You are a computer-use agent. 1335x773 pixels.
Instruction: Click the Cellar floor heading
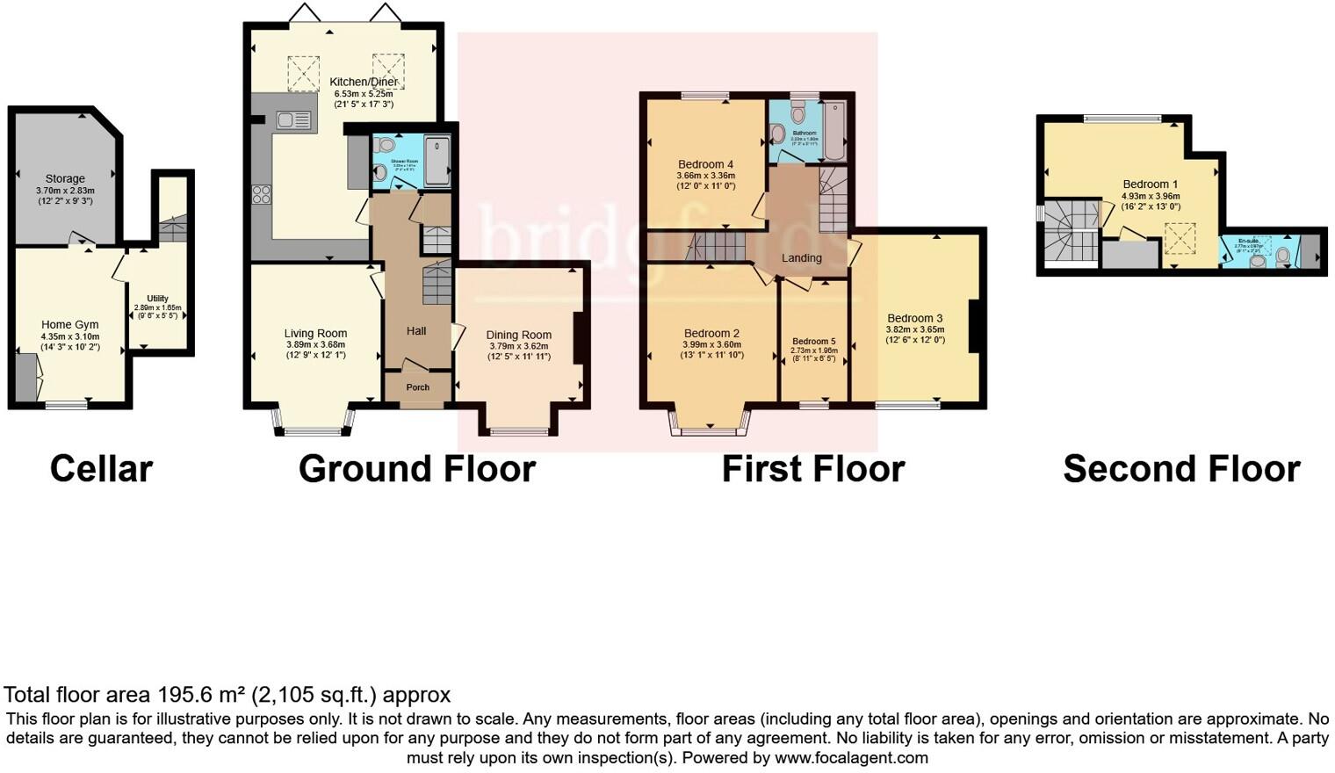coord(101,469)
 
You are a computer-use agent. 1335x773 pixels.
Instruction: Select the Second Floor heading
coord(1181,469)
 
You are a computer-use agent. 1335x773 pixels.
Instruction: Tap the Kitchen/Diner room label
coord(364,82)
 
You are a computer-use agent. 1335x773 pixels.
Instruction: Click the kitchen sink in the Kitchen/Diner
coord(292,120)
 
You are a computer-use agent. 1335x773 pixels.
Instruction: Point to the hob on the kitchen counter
coord(262,194)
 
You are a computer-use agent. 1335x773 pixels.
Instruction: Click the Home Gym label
coord(70,324)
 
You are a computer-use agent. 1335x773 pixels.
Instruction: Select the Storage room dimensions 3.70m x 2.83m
coord(65,190)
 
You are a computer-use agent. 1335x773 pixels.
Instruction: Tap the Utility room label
coord(157,299)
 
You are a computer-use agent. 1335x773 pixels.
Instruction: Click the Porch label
coord(418,387)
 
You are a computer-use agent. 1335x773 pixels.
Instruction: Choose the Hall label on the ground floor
coord(416,331)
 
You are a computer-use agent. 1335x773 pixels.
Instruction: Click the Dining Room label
coord(518,335)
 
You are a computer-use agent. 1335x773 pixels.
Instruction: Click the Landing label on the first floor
coord(801,258)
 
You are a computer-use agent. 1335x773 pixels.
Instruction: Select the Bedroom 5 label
coord(813,341)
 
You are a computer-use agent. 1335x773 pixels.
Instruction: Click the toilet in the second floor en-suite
coord(1283,255)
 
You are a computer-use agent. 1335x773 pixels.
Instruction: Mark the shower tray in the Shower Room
coord(437,160)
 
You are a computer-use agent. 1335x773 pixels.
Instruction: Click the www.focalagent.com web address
coord(850,757)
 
